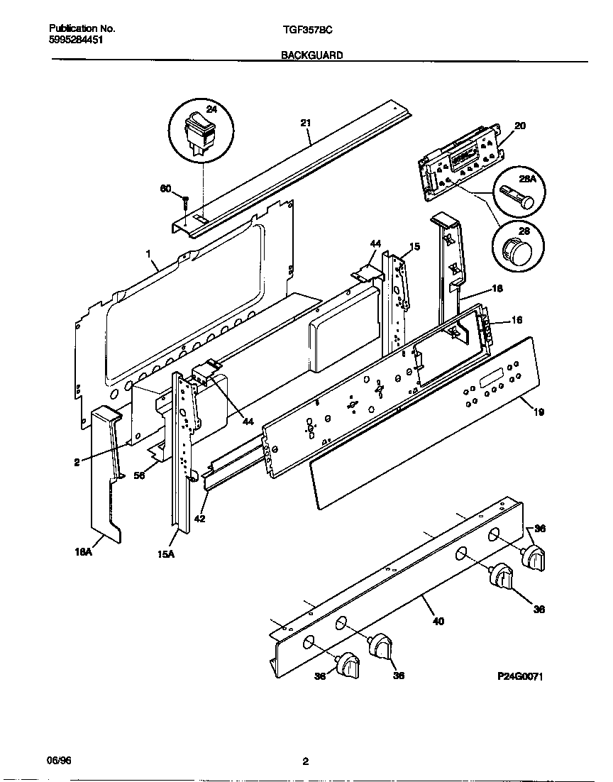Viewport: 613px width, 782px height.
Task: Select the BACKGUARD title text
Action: [311, 55]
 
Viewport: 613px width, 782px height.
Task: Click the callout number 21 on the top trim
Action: [306, 123]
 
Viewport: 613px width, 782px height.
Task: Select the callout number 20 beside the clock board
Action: [520, 126]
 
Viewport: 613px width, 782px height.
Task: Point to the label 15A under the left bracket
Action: [166, 555]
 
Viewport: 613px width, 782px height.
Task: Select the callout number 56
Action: [140, 475]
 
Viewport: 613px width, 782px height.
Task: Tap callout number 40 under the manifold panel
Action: [438, 621]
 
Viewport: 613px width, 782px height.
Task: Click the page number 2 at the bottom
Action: [306, 763]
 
